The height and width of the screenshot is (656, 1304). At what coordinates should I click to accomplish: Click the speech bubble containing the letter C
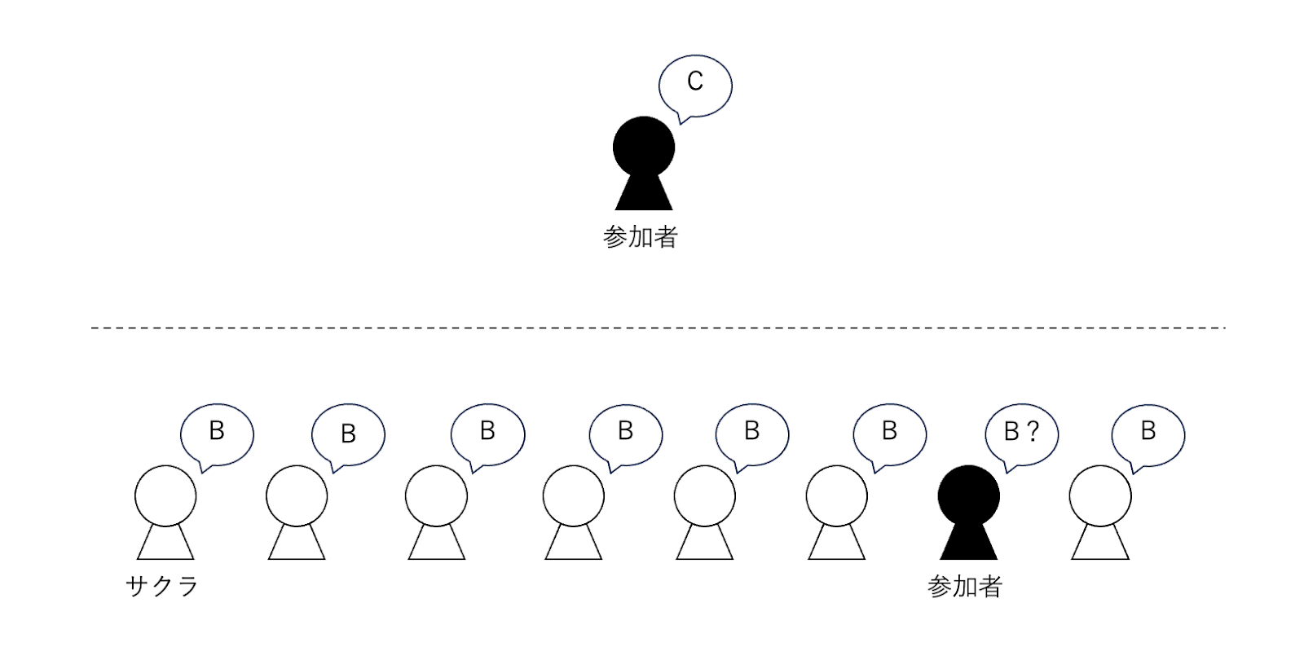[x=695, y=86]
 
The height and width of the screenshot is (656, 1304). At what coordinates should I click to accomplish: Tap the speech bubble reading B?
[x=1022, y=435]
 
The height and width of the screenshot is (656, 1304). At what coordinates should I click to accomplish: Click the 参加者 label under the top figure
[x=641, y=237]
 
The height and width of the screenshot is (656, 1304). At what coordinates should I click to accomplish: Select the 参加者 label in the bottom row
[x=965, y=586]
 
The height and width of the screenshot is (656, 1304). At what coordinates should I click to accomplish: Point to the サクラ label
[x=162, y=586]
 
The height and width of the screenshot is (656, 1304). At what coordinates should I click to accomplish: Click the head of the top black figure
[x=644, y=147]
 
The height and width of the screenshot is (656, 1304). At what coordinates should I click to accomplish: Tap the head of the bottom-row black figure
[x=969, y=496]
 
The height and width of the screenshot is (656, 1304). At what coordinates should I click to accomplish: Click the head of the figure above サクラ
[x=165, y=496]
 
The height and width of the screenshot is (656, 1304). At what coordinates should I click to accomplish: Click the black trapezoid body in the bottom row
[x=969, y=542]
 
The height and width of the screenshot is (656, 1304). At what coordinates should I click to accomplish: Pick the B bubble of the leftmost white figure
[x=217, y=435]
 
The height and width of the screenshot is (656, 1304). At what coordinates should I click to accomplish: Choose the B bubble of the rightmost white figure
[x=1148, y=435]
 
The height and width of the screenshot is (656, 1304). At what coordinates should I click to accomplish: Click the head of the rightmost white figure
[x=1100, y=496]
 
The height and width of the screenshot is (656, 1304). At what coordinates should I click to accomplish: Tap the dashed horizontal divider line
[x=659, y=328]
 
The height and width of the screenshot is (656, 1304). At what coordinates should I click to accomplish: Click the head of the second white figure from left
[x=297, y=496]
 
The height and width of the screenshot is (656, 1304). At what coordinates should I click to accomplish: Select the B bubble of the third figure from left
[x=488, y=435]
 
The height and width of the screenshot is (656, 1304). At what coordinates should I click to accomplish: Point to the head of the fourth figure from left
[x=574, y=496]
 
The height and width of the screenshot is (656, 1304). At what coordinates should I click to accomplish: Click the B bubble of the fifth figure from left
[x=752, y=435]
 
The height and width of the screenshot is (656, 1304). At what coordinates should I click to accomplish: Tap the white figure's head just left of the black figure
[x=836, y=496]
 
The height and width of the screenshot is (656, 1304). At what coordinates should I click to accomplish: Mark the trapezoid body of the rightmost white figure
[x=1100, y=542]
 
